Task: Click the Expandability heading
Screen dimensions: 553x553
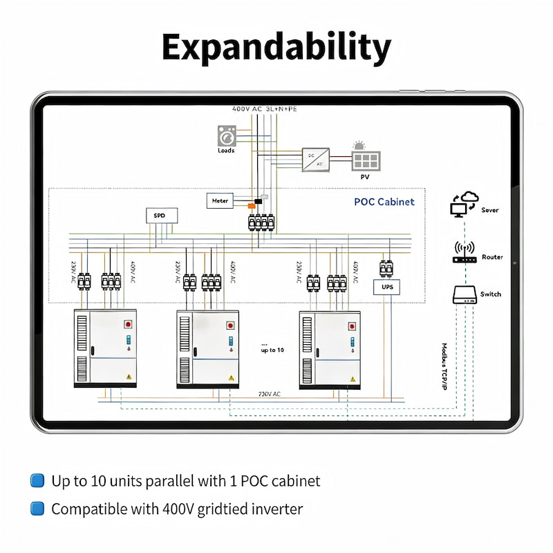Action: click(x=276, y=47)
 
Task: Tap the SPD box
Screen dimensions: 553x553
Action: click(x=161, y=216)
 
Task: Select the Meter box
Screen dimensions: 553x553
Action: click(x=221, y=200)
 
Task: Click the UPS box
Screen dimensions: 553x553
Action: click(x=386, y=285)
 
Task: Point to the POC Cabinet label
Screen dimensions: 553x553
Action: click(x=384, y=202)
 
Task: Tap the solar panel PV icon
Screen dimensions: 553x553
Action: click(x=366, y=160)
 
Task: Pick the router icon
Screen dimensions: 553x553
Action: click(x=463, y=254)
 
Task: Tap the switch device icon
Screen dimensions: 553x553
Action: click(x=464, y=294)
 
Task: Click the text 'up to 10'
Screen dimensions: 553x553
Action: click(x=272, y=350)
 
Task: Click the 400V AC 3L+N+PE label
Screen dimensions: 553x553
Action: click(x=265, y=109)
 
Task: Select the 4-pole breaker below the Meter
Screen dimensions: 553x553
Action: click(x=261, y=223)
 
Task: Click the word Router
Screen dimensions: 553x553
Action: click(x=492, y=257)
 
